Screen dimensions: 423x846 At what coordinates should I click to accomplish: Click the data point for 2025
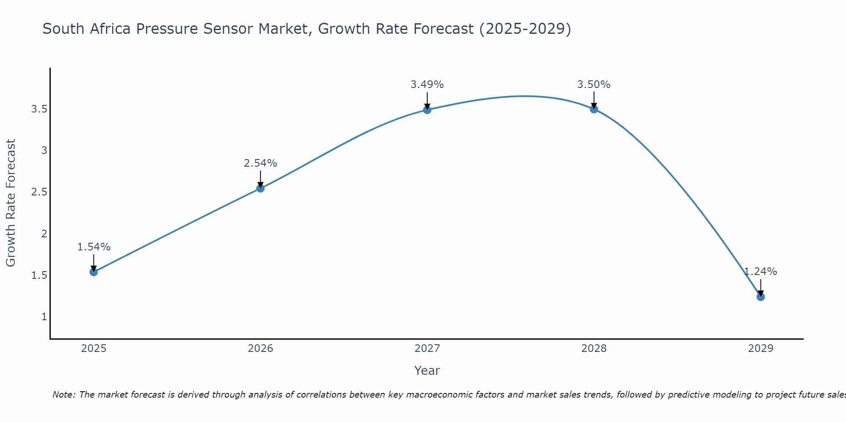tap(94, 272)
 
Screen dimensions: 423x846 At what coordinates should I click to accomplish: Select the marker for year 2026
tap(261, 188)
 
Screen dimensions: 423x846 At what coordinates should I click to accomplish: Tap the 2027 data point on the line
tap(427, 110)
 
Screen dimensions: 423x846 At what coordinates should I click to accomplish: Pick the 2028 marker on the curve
tap(594, 109)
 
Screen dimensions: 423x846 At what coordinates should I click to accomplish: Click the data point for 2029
tap(761, 297)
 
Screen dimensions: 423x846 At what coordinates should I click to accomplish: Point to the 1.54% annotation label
tap(94, 247)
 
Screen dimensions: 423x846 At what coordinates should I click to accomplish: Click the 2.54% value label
tap(261, 163)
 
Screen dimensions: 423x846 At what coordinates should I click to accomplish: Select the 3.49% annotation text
tap(427, 85)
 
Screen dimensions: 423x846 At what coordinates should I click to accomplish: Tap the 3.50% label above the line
tap(594, 85)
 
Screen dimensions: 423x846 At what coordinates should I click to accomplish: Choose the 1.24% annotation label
tap(761, 272)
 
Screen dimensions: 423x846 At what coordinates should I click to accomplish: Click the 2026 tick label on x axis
tap(261, 349)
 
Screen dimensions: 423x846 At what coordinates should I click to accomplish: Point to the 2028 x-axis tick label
tap(594, 349)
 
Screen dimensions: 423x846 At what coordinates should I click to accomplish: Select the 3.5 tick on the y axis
tap(39, 109)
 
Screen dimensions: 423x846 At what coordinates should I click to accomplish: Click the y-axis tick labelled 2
tap(44, 233)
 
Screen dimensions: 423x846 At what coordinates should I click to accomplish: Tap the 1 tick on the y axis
tap(44, 316)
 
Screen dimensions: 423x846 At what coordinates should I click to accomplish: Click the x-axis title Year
tap(427, 371)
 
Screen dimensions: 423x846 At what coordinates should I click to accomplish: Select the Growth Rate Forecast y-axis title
tap(11, 203)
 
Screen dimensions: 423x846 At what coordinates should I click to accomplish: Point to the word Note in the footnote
tap(63, 395)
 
